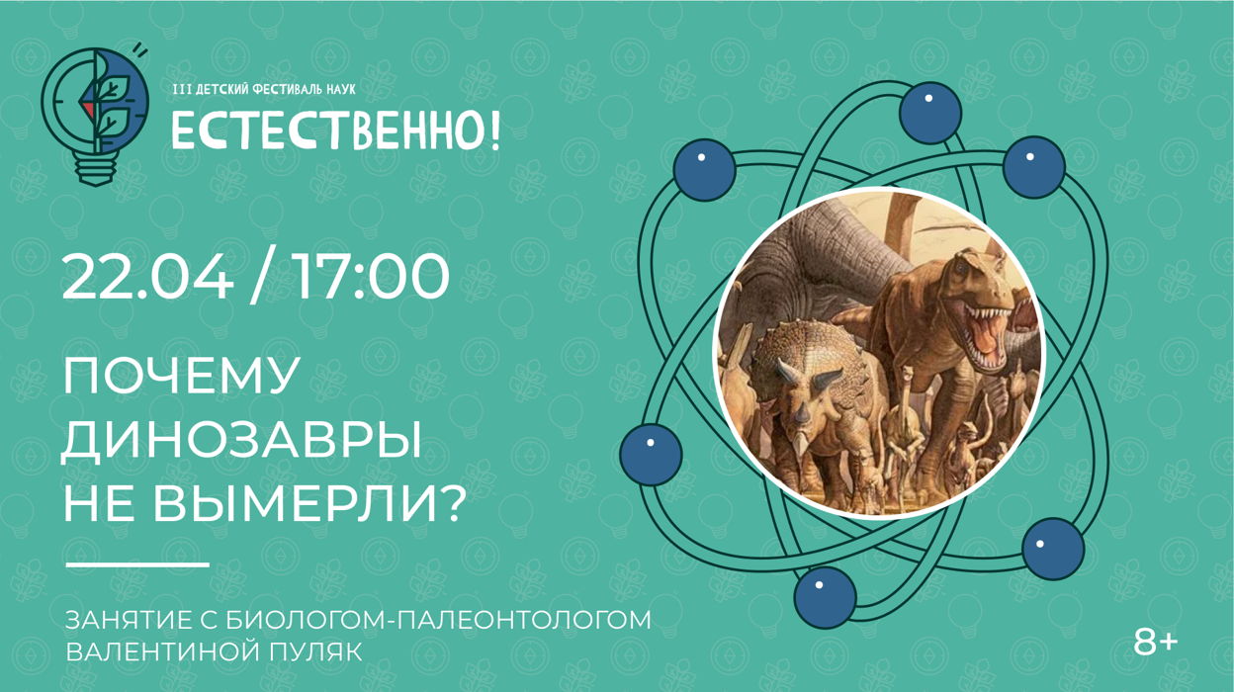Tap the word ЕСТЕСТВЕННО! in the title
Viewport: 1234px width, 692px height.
pyautogui.click(x=336, y=130)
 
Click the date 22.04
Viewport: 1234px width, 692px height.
pyautogui.click(x=147, y=276)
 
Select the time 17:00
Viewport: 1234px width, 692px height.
pyautogui.click(x=372, y=276)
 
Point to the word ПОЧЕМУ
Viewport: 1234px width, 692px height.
pyautogui.click(x=182, y=376)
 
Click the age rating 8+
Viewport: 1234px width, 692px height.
pyautogui.click(x=1155, y=643)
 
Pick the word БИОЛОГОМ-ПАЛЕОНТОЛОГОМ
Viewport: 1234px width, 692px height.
pyautogui.click(x=438, y=619)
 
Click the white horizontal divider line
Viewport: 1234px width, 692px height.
pyautogui.click(x=137, y=564)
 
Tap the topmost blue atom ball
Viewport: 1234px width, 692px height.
pyautogui.click(x=930, y=114)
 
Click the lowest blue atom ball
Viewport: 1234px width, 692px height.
pyautogui.click(x=826, y=597)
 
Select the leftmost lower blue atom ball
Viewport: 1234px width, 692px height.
pyautogui.click(x=652, y=454)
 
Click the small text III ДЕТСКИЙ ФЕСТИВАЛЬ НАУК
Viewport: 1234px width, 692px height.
pyautogui.click(x=264, y=89)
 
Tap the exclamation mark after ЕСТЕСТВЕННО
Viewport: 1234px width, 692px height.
pyautogui.click(x=494, y=130)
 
